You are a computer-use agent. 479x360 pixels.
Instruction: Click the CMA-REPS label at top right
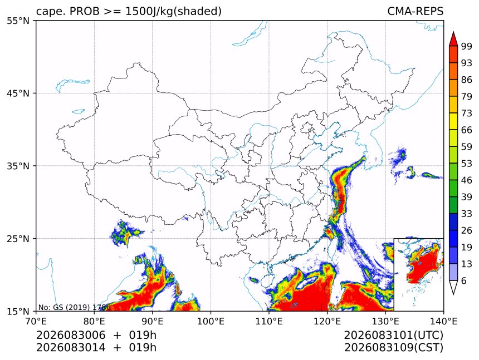point(415,11)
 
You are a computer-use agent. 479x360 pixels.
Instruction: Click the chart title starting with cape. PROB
point(129,12)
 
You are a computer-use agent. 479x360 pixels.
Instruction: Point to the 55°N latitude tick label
point(18,21)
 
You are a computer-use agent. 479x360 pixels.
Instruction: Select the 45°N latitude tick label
point(18,93)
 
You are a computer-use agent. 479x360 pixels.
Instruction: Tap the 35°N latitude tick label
point(18,166)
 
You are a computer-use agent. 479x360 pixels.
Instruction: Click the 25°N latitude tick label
point(18,239)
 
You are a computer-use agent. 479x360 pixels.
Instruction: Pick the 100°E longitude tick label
point(211,321)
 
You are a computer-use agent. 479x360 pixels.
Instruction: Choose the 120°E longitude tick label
point(327,321)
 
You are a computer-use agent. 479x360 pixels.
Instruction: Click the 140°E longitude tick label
point(443,321)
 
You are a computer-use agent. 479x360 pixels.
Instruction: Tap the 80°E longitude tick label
point(94,321)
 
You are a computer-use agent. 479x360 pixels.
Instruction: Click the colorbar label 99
point(467,46)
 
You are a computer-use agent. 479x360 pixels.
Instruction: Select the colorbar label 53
point(467,164)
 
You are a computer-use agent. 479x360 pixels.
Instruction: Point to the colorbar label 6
point(464,280)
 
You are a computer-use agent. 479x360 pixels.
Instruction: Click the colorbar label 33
point(467,214)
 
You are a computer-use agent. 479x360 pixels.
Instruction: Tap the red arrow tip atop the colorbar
point(453,32)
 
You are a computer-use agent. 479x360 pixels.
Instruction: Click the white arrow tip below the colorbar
point(453,294)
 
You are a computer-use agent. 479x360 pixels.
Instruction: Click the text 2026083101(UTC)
point(393,336)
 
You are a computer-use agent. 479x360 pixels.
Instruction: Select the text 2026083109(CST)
point(393,348)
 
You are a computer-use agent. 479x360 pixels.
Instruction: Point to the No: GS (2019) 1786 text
point(74,307)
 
